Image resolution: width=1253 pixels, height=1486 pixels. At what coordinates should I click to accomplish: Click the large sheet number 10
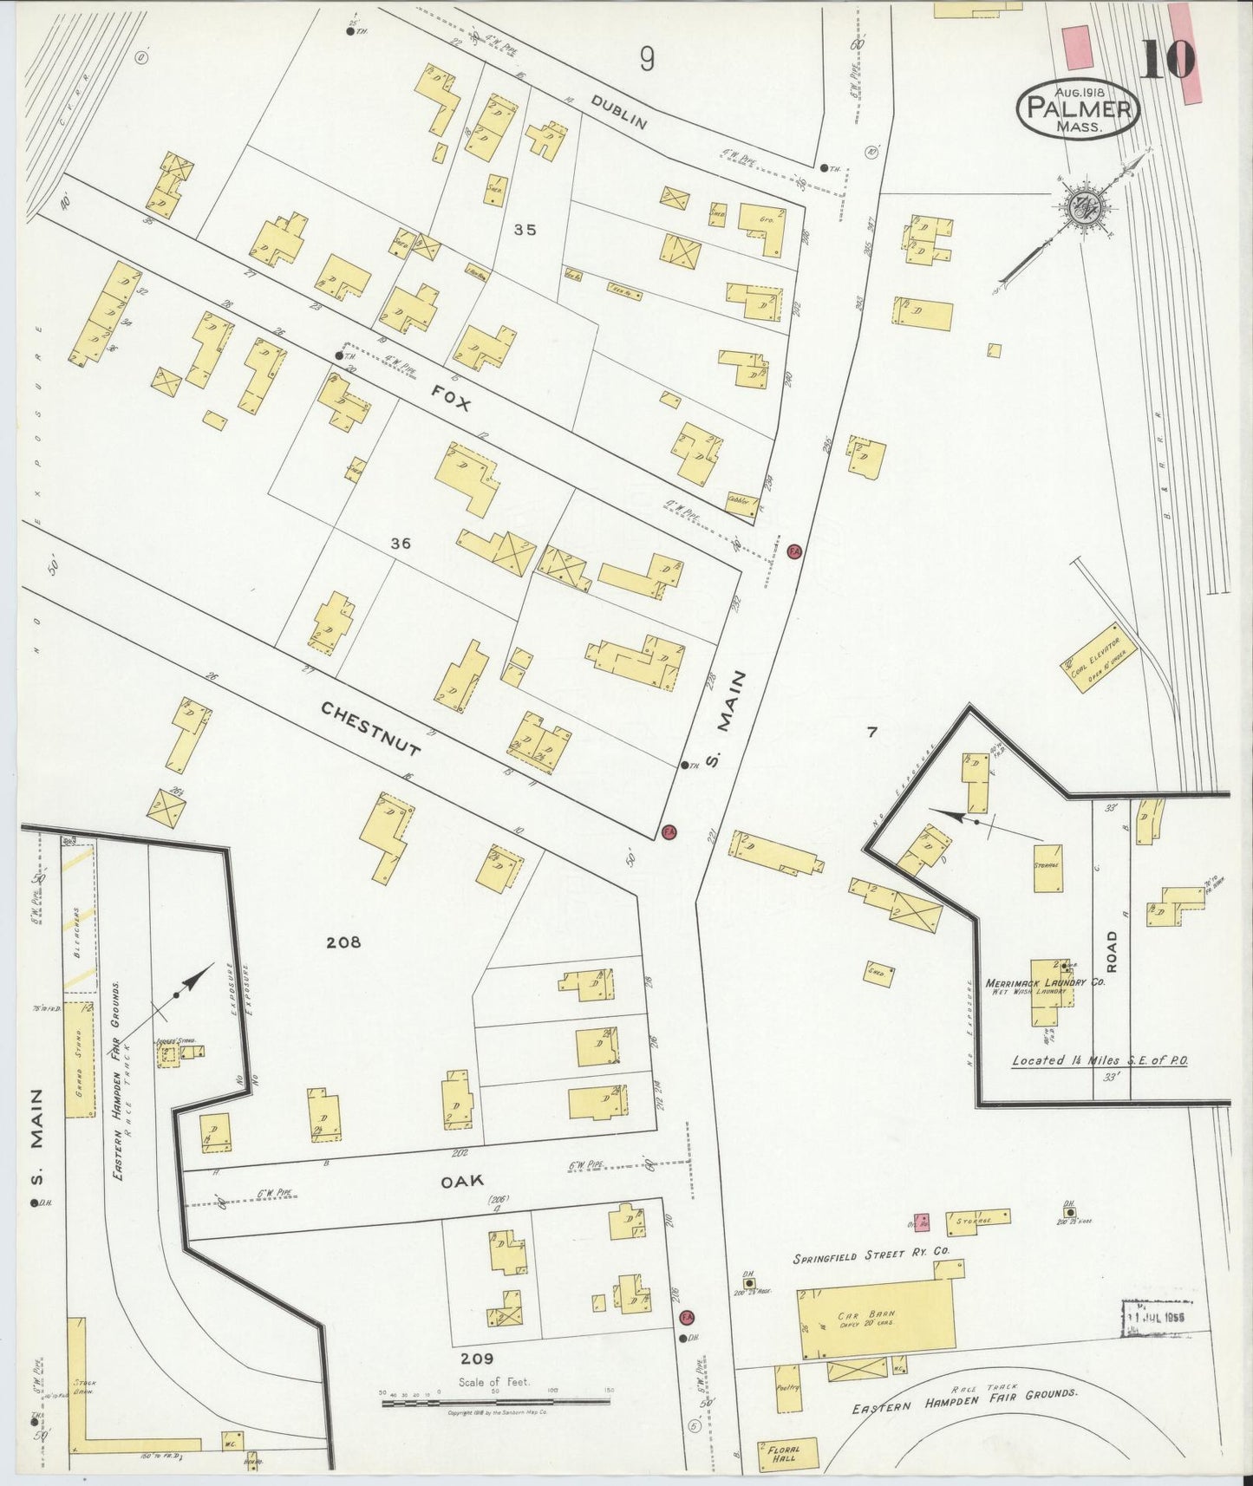click(1167, 59)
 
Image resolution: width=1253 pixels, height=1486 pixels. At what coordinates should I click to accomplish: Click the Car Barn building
click(877, 1320)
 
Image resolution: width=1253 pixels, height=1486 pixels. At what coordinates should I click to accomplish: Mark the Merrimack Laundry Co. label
click(1032, 983)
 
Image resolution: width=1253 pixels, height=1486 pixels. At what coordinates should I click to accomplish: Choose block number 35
click(525, 230)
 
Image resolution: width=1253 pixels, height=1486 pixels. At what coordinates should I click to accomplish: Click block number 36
click(400, 544)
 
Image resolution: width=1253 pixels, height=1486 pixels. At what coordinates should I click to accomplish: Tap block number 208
click(343, 942)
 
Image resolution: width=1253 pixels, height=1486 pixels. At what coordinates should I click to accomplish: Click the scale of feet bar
click(497, 1402)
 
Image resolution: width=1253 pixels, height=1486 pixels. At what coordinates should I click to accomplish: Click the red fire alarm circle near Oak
click(688, 1318)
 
